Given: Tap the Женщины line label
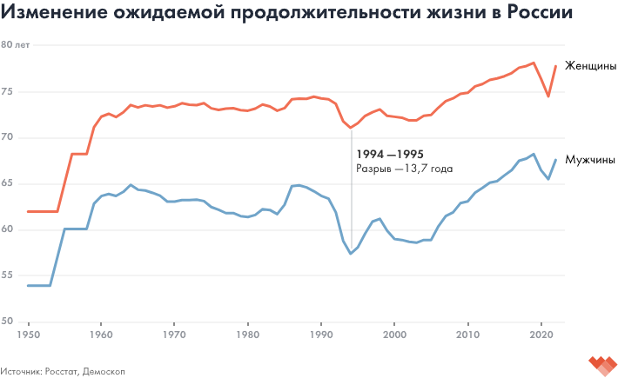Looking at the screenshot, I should (591, 66).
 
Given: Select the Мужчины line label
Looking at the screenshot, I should (591, 160).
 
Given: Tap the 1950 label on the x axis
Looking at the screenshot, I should (28, 334).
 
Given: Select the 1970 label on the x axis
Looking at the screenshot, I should (175, 334).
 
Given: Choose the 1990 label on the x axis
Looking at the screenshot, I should (322, 334).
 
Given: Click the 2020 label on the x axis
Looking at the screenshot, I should (542, 334).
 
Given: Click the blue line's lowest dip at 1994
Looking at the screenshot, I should (351, 253).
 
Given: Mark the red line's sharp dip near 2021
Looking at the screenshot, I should (548, 96).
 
